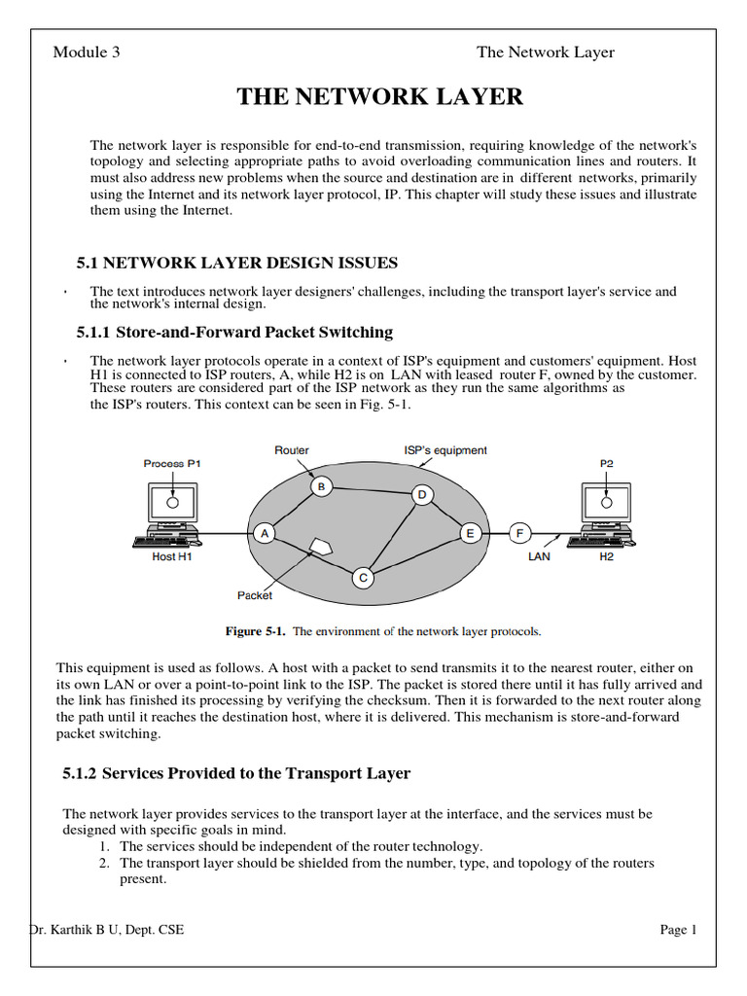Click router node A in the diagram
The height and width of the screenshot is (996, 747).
click(x=265, y=534)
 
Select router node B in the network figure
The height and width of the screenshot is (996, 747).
click(x=321, y=486)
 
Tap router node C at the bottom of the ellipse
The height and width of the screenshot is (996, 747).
click(x=363, y=578)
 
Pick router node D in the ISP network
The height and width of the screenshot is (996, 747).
click(x=422, y=495)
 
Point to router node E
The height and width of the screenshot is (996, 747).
click(x=470, y=534)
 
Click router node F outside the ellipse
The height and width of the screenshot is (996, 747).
click(x=519, y=534)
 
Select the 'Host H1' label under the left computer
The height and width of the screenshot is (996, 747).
click(x=171, y=556)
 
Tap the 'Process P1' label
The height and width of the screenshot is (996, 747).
click(x=171, y=464)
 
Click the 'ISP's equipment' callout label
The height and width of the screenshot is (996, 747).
click(x=445, y=450)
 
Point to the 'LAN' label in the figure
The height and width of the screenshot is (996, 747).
click(x=539, y=556)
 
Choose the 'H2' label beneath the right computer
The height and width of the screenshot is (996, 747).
click(x=607, y=556)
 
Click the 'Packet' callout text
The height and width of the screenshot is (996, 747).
click(x=255, y=595)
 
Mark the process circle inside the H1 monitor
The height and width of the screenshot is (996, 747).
click(x=172, y=503)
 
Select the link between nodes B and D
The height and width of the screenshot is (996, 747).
click(x=372, y=491)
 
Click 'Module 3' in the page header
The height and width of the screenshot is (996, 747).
click(x=87, y=53)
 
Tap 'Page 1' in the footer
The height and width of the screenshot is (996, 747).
click(x=678, y=929)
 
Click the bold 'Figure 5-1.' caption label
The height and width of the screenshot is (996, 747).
click(x=256, y=631)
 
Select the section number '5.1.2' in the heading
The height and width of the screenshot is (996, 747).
click(x=80, y=773)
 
